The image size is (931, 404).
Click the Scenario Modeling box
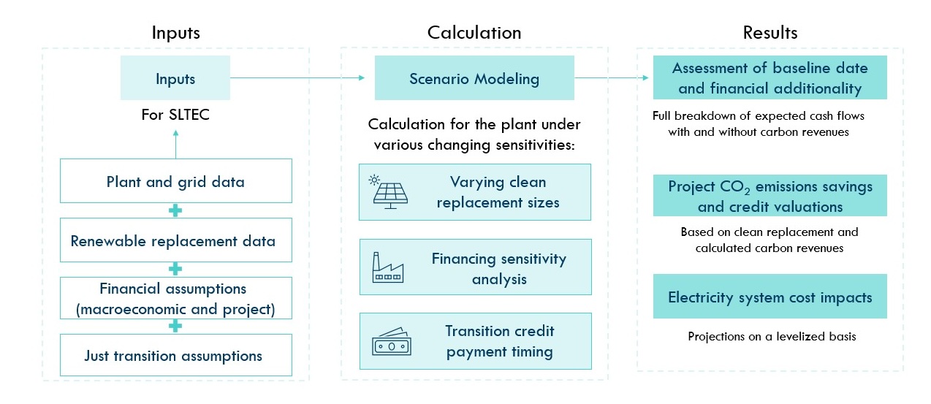474,77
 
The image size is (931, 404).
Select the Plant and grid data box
176,180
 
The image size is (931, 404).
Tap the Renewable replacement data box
176,240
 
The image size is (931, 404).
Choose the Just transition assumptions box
176,355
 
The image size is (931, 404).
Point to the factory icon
387,267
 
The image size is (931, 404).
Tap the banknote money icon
392,342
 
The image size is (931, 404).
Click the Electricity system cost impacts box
769,297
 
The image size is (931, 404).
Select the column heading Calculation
474,32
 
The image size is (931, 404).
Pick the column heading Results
770,32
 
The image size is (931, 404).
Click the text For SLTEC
175,114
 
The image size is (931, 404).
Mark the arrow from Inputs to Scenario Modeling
297,77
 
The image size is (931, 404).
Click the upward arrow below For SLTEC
176,144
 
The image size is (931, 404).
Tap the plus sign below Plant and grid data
175,210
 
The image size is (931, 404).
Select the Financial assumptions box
176,298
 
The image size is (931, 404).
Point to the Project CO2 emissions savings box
769,195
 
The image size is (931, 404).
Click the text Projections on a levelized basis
772,336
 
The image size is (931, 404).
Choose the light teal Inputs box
175,77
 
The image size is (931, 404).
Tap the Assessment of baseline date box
769,77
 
